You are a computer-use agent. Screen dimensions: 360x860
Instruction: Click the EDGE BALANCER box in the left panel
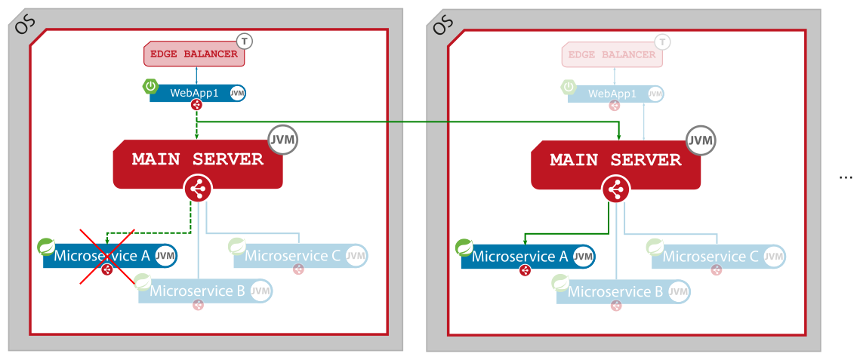194,54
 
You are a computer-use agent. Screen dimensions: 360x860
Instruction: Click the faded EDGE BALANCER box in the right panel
612,55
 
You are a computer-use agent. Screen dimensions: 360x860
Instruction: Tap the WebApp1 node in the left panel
189,94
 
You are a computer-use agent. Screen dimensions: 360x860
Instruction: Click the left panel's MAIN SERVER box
198,160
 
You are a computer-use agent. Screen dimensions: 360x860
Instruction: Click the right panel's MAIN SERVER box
615,161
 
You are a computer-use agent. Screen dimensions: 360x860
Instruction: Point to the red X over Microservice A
107,257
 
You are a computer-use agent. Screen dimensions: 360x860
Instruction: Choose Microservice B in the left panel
198,291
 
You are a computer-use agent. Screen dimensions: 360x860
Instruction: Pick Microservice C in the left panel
293,256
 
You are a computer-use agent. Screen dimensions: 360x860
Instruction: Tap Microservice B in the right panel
616,291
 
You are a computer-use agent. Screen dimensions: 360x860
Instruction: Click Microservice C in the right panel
711,257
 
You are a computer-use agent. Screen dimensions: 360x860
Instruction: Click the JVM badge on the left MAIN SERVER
282,140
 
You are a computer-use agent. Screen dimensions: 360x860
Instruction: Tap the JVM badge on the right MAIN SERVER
701,140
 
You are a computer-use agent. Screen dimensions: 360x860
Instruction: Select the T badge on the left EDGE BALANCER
245,42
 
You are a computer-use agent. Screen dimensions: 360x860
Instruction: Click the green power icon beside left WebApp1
150,86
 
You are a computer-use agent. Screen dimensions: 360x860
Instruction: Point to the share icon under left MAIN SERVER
198,189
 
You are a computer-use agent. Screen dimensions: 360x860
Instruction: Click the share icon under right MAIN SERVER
616,189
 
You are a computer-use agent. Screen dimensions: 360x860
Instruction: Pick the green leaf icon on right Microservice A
464,247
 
